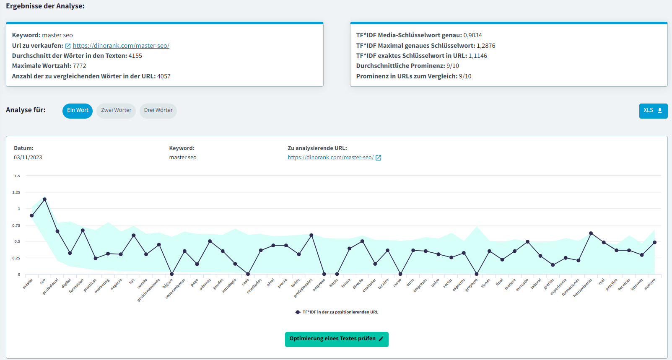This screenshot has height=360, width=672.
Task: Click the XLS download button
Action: pos(653,111)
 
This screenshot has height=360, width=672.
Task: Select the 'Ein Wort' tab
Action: pos(78,111)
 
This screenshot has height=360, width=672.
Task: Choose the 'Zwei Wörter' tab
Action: pos(116,111)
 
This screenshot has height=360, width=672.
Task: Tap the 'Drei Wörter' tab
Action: pos(158,111)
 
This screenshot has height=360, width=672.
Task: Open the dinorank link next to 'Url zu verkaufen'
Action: pos(121,46)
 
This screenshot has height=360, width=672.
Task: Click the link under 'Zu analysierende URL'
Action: pos(330,158)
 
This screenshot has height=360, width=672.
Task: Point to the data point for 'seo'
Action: pos(44,199)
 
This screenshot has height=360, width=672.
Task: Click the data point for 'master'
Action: pos(32,215)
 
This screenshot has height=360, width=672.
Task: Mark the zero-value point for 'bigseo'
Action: pos(171,274)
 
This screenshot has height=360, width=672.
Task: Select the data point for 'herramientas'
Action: pos(591,233)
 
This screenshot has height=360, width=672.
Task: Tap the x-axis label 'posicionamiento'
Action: pos(149,290)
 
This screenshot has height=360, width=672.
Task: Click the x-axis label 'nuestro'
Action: pos(650,285)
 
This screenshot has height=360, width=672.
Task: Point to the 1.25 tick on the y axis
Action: pos(16,192)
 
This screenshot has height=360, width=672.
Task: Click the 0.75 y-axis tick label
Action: pos(16,225)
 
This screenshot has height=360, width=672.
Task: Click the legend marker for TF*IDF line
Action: pos(298,312)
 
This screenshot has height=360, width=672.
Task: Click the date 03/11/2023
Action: pos(28,158)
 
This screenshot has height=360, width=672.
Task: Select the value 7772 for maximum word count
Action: pos(79,66)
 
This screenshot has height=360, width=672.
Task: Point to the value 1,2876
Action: pos(486,46)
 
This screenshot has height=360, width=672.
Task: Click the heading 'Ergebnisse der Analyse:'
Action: pos(45,6)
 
